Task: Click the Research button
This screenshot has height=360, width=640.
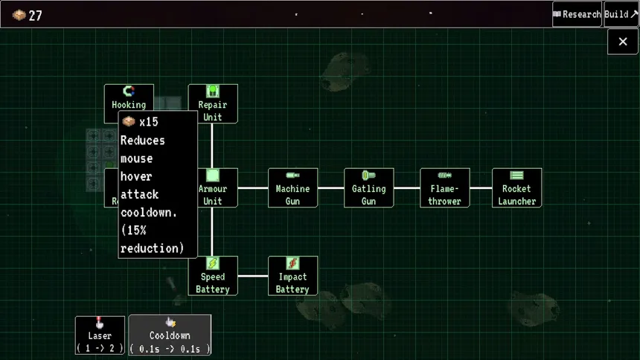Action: (577, 14)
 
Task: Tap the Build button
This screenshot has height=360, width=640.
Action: (621, 14)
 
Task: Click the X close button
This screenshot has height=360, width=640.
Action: (622, 42)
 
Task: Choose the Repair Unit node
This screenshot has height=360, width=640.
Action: (213, 103)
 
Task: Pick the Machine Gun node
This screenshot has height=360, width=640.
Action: (292, 187)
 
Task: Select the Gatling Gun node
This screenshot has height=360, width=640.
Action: (368, 187)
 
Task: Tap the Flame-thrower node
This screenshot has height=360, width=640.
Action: (444, 187)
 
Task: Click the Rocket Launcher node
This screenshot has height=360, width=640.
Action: (516, 187)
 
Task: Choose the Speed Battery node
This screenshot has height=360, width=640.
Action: (213, 275)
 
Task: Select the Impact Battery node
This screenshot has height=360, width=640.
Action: (292, 275)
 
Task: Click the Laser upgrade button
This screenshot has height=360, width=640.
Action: (100, 335)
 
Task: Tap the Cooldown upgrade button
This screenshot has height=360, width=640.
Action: (170, 335)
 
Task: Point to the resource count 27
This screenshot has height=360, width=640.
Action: (35, 16)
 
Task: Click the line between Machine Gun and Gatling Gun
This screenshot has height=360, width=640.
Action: (331, 187)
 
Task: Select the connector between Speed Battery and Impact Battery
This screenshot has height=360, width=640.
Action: (253, 275)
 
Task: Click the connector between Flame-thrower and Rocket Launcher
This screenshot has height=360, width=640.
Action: (481, 187)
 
